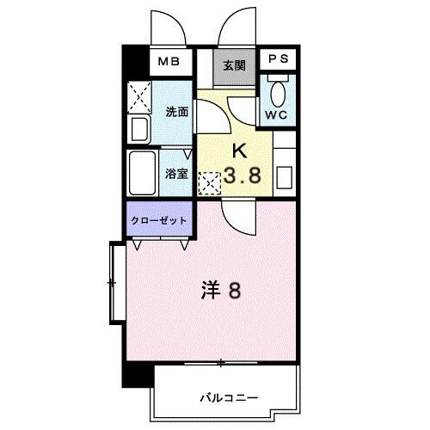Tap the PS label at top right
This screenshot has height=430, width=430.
pos(279,58)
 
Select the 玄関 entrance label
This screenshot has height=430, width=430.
pos(235,65)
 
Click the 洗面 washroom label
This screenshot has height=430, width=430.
pos(176,110)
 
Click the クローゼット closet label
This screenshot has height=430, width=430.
pos(160,220)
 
